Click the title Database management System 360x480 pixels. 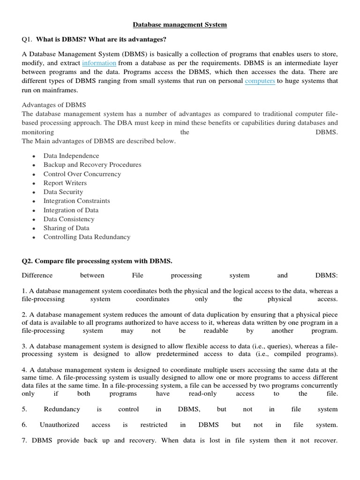(180, 25)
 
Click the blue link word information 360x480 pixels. (99, 63)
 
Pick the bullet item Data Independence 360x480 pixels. (71, 156)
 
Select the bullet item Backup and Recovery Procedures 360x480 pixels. (92, 165)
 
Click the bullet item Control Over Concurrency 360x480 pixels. (82, 174)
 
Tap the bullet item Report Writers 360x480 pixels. (65, 183)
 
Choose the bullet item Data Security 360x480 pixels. (63, 192)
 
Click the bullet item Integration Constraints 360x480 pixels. (77, 201)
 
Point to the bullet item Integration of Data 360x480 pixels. (71, 210)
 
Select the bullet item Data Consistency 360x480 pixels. (69, 219)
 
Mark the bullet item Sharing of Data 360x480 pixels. (66, 228)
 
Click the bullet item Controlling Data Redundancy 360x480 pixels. (87, 237)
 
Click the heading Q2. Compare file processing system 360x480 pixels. (97, 261)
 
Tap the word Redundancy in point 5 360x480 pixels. (62, 409)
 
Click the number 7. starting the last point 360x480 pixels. (24, 440)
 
